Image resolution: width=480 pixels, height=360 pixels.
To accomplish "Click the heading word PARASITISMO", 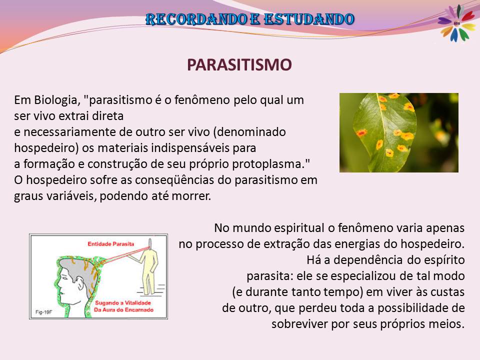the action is point(239,65).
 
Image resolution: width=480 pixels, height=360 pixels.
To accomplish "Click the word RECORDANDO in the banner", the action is point(196,19).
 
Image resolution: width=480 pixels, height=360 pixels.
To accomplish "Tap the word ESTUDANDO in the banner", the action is point(309,19).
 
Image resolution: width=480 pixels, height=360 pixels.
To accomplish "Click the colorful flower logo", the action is point(457,23).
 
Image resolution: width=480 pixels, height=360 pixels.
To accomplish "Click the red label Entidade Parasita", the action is point(111,244).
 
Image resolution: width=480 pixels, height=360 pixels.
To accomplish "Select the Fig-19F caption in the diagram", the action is point(44,312).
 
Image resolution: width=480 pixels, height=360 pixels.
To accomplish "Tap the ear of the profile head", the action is point(80,283).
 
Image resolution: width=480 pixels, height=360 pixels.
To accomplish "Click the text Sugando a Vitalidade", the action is point(123,303).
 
